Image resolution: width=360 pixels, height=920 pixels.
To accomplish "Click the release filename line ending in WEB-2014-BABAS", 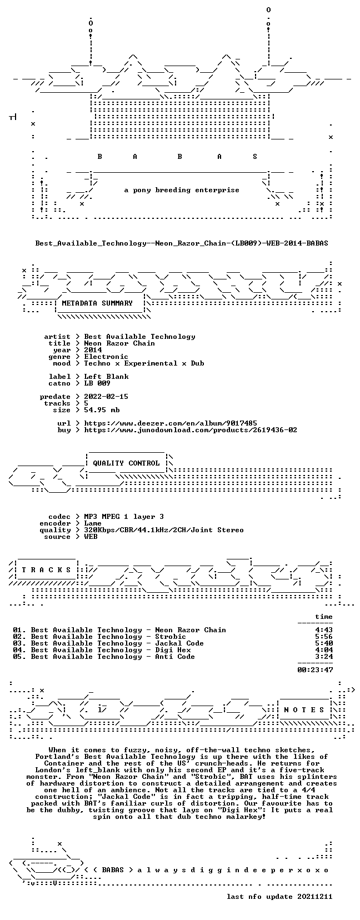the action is tap(182, 243).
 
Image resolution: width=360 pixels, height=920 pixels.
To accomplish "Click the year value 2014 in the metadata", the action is tap(93, 350).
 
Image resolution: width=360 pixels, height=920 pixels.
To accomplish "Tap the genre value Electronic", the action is tap(106, 357).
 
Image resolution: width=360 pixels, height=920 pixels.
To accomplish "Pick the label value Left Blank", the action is tap(106, 377).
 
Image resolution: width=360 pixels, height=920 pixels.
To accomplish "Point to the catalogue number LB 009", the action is tap(97, 383).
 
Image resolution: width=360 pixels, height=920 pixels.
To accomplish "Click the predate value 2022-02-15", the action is tap(106, 396).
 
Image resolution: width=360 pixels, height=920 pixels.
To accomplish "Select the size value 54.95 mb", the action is tap(102, 410).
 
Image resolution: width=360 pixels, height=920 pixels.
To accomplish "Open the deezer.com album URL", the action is tap(171, 423).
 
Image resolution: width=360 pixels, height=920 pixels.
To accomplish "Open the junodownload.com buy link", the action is tap(191, 430).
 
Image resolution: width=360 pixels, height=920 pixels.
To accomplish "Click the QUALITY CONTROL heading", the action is tap(127, 463).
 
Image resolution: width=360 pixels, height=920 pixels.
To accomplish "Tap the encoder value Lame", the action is tap(93, 523).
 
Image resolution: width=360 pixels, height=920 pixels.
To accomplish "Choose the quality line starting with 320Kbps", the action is tap(164, 530).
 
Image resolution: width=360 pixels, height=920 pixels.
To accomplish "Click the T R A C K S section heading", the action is tap(46, 570).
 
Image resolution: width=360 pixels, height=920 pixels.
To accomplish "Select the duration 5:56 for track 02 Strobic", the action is tap(324, 637).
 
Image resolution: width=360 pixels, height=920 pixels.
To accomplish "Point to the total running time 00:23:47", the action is tap(315, 670).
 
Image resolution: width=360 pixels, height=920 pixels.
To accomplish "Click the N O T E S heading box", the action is tap(304, 709).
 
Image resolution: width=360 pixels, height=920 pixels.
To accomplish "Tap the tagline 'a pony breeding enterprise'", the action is tap(182, 190).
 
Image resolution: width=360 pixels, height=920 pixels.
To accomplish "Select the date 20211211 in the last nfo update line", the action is tap(315, 897).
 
